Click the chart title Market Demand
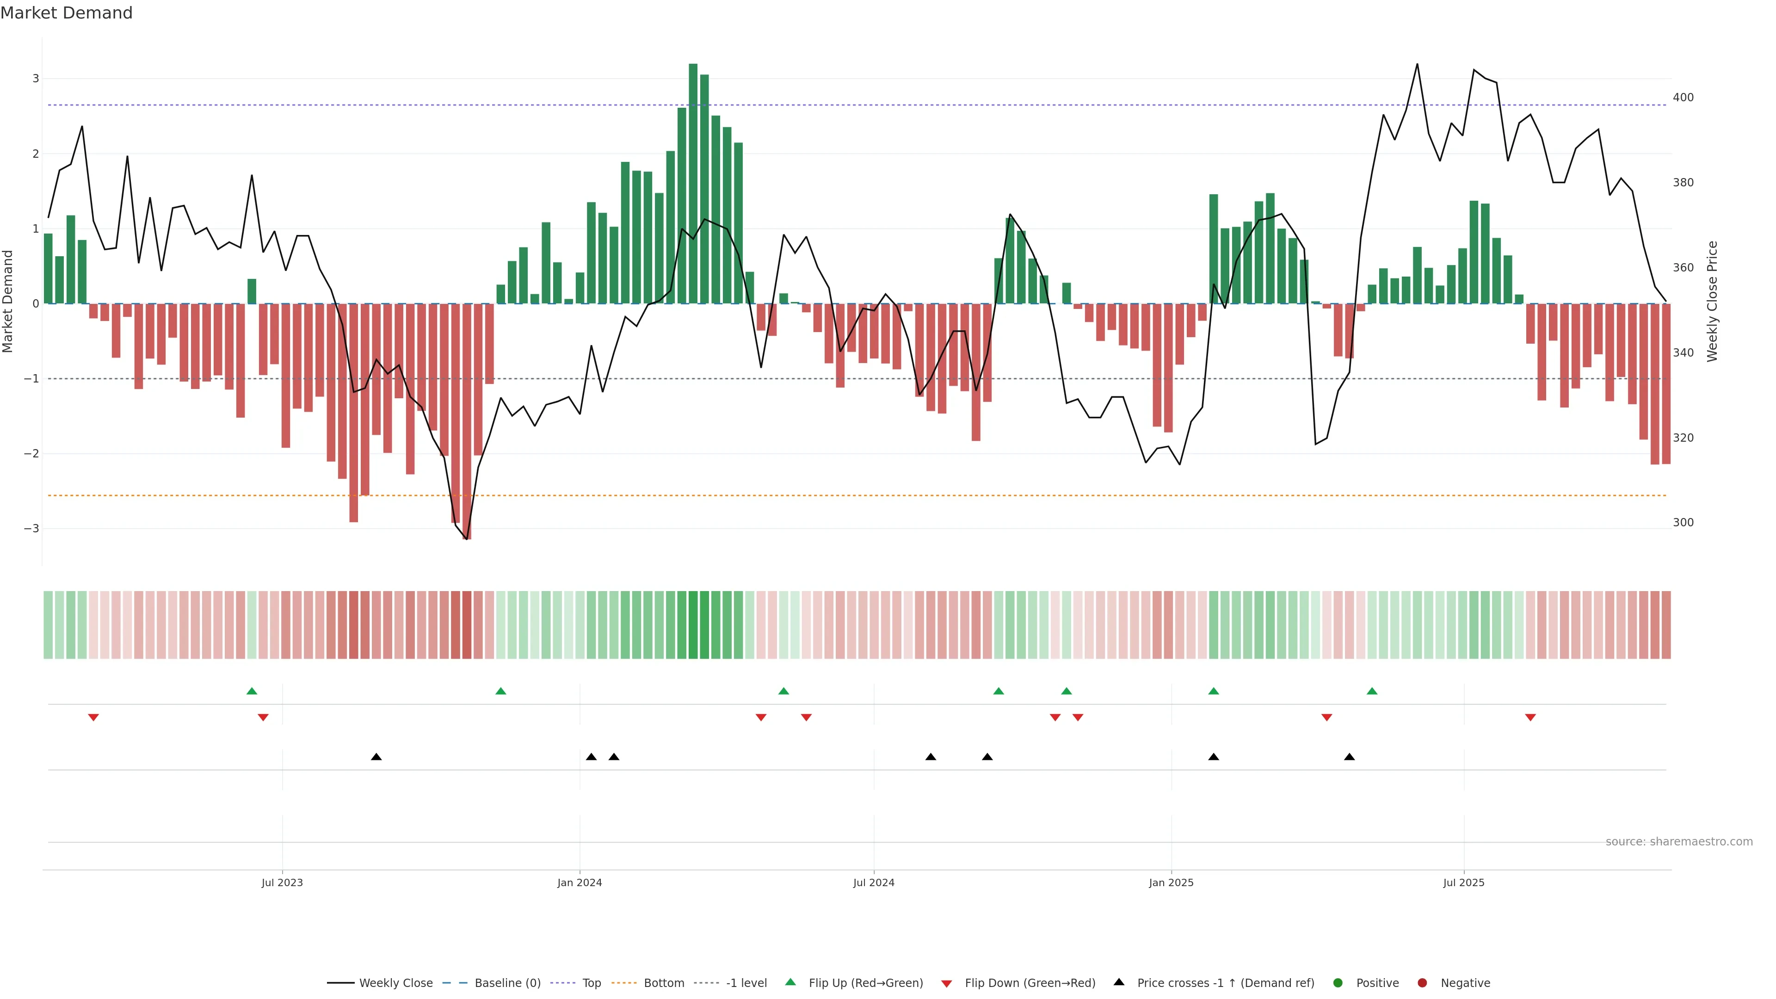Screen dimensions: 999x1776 [66, 13]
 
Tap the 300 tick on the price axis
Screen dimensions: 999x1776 [1683, 523]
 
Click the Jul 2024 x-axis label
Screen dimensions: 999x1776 [874, 882]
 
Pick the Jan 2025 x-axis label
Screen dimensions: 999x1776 [1171, 882]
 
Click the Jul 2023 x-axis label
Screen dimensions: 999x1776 [282, 882]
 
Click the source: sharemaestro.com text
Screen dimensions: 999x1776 [1679, 842]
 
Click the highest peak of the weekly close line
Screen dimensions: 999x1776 [1417, 65]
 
